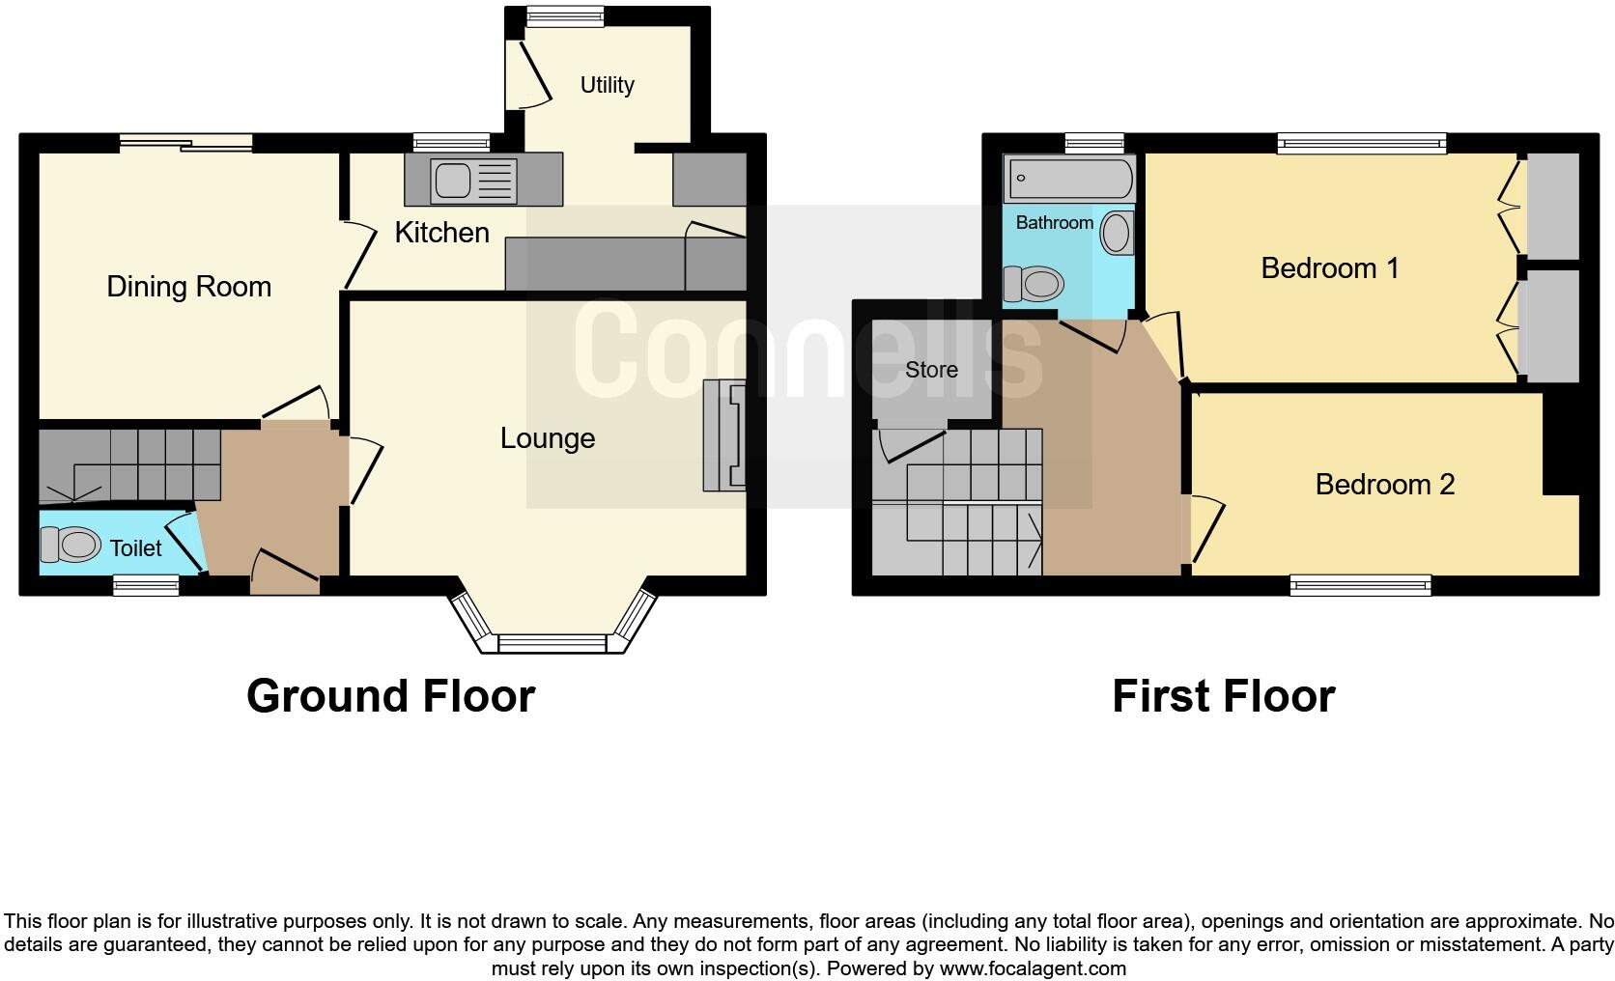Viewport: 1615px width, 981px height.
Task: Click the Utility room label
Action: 607,85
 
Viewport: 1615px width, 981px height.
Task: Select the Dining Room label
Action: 188,287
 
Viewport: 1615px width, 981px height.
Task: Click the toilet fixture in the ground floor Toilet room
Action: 71,546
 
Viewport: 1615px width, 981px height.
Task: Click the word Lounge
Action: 547,438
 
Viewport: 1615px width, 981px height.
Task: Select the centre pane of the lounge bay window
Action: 552,643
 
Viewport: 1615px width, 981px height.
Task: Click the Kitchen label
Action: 441,233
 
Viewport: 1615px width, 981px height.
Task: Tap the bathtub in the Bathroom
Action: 1069,179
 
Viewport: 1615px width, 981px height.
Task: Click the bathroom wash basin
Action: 1118,233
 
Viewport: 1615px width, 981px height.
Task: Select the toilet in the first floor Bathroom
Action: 1034,284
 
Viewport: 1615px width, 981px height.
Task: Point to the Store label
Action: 931,370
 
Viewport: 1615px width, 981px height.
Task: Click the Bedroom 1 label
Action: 1329,267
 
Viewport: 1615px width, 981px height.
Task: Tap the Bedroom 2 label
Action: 1384,484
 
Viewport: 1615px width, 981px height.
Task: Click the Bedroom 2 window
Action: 1360,584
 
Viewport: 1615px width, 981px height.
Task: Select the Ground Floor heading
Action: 390,695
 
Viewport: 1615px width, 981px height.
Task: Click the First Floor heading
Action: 1223,695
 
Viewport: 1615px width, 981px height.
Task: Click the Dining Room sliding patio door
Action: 186,144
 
